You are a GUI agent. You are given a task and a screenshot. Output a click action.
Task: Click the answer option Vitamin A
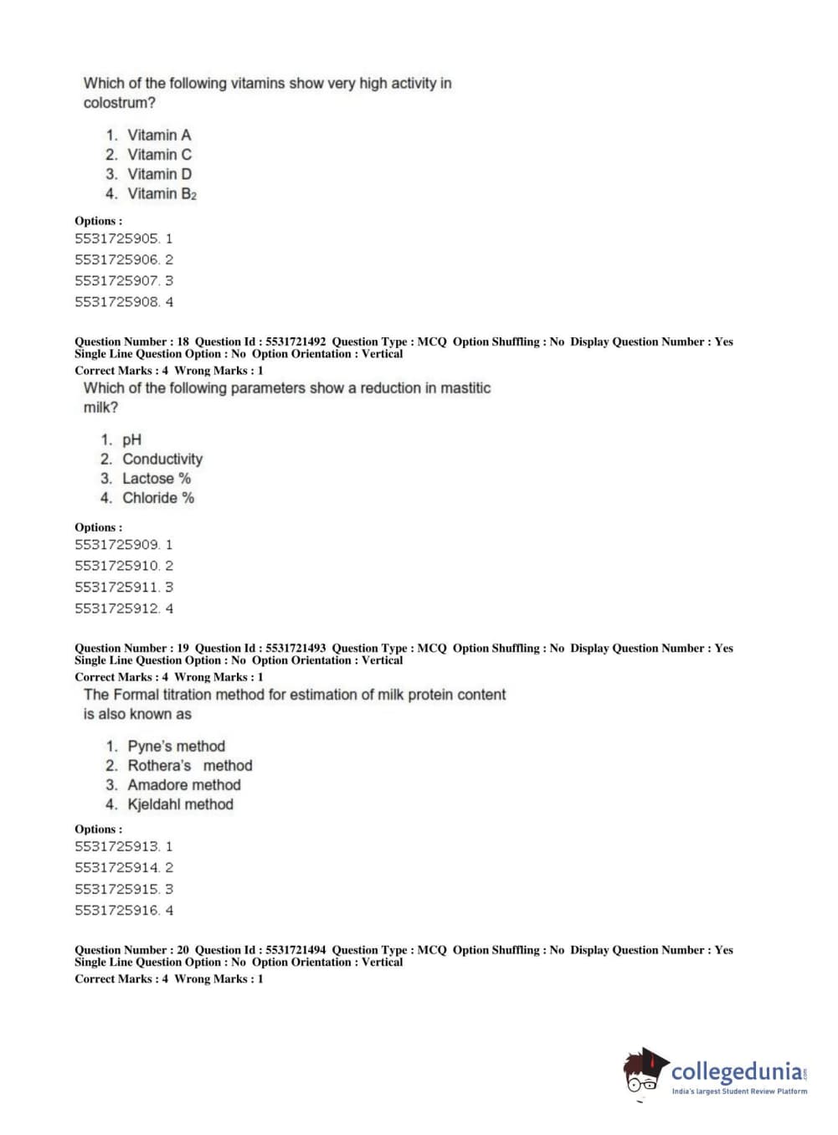[158, 135]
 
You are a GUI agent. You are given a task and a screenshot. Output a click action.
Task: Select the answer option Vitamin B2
[162, 193]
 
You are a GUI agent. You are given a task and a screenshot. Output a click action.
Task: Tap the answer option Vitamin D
[159, 174]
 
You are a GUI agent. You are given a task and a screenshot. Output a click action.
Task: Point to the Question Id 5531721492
[296, 342]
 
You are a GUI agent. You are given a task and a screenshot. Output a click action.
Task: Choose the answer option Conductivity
[162, 459]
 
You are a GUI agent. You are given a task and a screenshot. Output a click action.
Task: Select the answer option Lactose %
[157, 478]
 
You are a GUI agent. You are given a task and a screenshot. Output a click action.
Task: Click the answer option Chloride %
[158, 498]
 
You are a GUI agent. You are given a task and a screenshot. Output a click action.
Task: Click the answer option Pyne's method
[176, 746]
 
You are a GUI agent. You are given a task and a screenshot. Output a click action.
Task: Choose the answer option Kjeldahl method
[180, 804]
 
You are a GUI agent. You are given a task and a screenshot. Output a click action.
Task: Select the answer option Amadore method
[183, 785]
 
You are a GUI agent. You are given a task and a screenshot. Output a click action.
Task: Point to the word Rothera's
[159, 765]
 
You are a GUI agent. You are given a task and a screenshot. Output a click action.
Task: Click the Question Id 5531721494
[296, 950]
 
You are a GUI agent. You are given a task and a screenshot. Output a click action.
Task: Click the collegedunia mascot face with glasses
[643, 1074]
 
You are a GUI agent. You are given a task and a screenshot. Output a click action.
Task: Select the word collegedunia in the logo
[736, 1071]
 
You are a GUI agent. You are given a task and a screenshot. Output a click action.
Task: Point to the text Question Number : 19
[131, 648]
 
